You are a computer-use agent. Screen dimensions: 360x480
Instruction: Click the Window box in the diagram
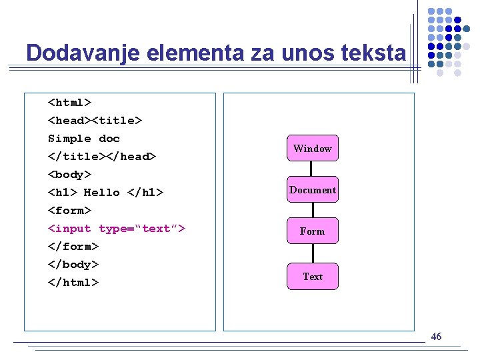click(312, 149)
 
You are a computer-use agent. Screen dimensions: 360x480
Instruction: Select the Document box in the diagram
click(312, 190)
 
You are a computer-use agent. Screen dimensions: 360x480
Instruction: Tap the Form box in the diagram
click(312, 231)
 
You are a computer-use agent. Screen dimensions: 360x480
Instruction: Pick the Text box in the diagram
click(312, 277)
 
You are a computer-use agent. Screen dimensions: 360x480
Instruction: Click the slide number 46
click(436, 337)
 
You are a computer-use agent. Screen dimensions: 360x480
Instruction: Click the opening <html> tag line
click(69, 103)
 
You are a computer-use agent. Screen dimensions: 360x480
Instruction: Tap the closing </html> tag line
click(73, 283)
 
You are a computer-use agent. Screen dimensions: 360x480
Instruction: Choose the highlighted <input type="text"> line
click(117, 229)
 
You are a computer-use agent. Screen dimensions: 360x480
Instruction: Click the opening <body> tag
click(69, 175)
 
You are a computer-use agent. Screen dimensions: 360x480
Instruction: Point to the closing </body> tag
click(73, 265)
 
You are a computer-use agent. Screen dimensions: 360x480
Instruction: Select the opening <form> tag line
click(69, 211)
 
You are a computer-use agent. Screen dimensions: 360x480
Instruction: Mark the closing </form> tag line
click(73, 247)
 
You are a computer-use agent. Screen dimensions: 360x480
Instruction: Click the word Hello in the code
click(101, 193)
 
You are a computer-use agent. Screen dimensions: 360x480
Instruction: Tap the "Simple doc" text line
click(84, 139)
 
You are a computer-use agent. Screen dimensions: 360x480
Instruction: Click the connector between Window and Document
click(312, 169)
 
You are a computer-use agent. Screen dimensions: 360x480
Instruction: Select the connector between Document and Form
click(312, 210)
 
